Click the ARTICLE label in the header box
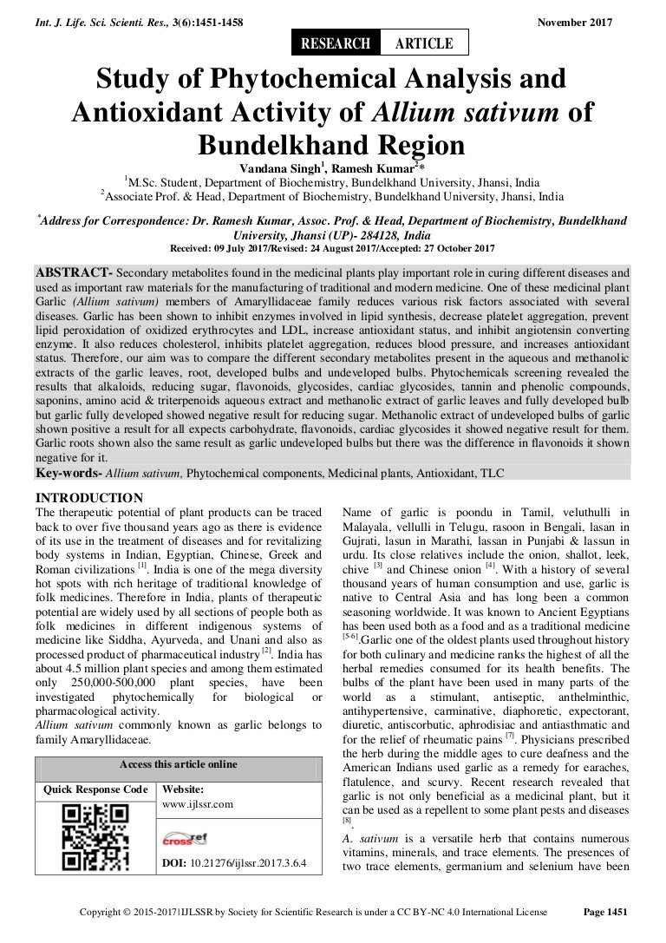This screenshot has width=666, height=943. pos(424,43)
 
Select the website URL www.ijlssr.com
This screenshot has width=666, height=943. pos(199,804)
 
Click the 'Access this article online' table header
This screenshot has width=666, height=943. pos(177,764)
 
